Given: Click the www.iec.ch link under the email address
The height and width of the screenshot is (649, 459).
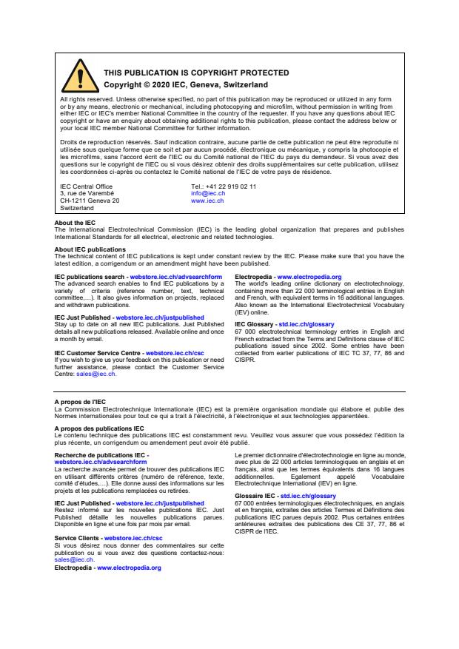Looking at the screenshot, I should pyautogui.click(x=207, y=201).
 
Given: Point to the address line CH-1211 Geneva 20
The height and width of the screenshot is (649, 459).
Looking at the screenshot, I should pyautogui.click(x=90, y=201).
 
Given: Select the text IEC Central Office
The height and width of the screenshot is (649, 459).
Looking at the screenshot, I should pyautogui.click(x=86, y=186).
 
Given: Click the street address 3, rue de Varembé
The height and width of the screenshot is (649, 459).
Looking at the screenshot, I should pyautogui.click(x=87, y=193).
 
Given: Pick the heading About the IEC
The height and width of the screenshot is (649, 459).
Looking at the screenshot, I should pyautogui.click(x=75, y=223).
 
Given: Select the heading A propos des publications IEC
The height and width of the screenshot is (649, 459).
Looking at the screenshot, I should pyautogui.click(x=98, y=428).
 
